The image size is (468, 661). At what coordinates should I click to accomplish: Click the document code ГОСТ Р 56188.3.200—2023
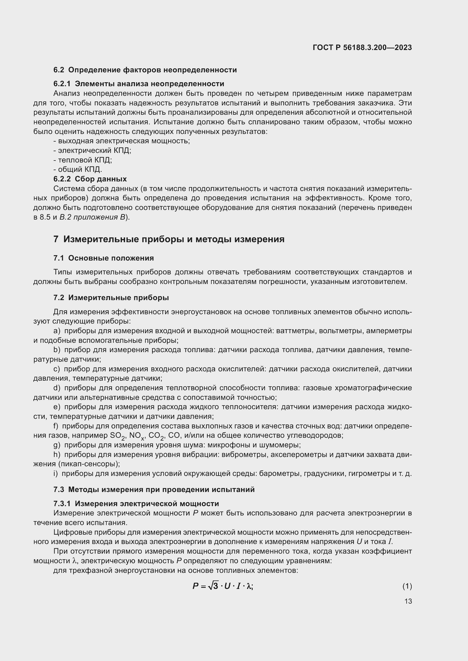(362, 47)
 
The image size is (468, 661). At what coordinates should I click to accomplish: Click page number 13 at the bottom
(408, 601)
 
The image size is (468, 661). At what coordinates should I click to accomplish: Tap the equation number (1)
(407, 586)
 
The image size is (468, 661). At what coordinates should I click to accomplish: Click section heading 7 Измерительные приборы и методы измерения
(169, 239)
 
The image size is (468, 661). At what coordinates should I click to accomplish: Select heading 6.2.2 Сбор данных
(90, 179)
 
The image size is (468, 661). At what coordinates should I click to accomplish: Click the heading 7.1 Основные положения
(104, 258)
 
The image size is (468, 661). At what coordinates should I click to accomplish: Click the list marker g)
(57, 445)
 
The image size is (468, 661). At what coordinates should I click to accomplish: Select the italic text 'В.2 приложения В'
(93, 217)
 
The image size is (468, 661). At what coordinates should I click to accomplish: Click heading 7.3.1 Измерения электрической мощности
(136, 504)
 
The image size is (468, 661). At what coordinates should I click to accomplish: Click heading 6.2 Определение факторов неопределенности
(145, 70)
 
